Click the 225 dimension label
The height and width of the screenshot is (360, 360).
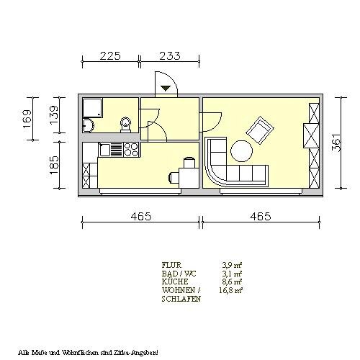pos(110,56)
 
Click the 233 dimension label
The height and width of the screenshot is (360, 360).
pos(170,56)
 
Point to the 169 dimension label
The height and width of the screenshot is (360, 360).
pos(27,119)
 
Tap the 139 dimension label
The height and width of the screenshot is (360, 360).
pos(54,114)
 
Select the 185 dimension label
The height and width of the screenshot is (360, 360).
pos(54,165)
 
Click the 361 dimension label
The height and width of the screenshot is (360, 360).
pos(336,143)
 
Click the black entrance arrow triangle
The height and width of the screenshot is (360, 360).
pos(166,88)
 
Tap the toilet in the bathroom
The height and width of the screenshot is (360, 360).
pos(125,125)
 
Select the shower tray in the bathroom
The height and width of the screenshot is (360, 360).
pos(93,108)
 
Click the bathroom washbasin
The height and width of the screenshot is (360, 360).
pos(87,125)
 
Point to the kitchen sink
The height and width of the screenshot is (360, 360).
pos(104,150)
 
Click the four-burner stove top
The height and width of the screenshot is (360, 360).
pos(131,149)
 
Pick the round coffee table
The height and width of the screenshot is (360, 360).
pos(241,151)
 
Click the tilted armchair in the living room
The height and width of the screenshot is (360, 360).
pos(260,130)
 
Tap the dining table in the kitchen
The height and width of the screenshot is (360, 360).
pos(189,178)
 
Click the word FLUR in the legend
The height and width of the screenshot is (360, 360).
pos(171,265)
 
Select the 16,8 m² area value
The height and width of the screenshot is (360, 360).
pos(230,290)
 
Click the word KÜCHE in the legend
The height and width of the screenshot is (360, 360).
pos(175,282)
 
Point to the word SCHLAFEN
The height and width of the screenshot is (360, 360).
pos(181,299)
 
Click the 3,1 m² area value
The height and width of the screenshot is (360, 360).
pos(232,274)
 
